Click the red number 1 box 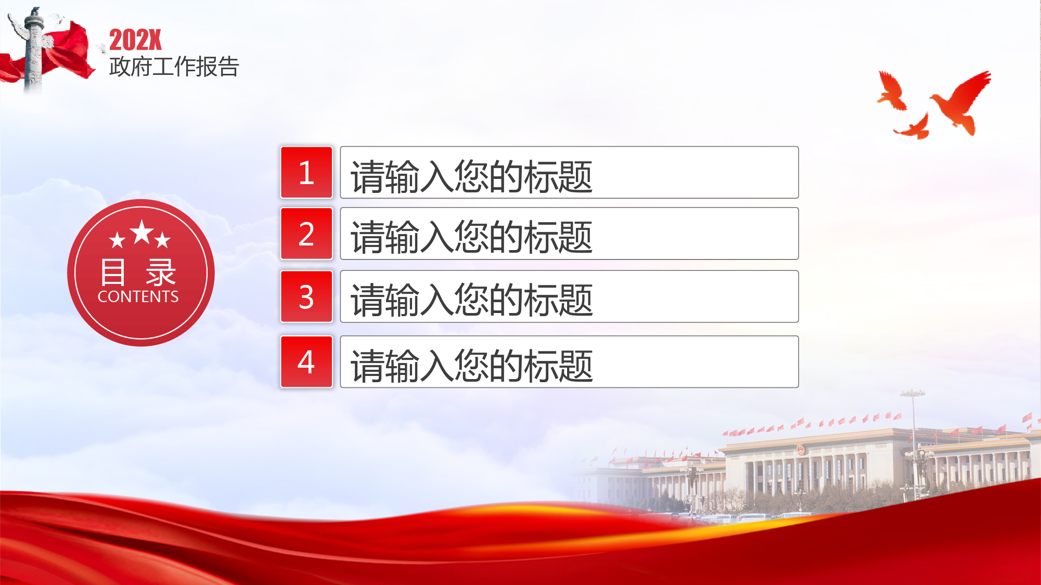click(306, 172)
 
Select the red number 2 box click(306, 233)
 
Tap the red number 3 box click(306, 296)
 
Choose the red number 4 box click(306, 361)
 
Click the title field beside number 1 click(569, 172)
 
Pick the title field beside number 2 click(569, 233)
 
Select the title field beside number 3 click(569, 296)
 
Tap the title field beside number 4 click(569, 361)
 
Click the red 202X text click(135, 40)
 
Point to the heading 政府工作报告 click(174, 67)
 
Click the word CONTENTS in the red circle click(138, 296)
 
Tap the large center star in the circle click(142, 232)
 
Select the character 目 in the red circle click(113, 272)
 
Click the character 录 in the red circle click(161, 272)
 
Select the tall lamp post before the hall click(914, 442)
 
